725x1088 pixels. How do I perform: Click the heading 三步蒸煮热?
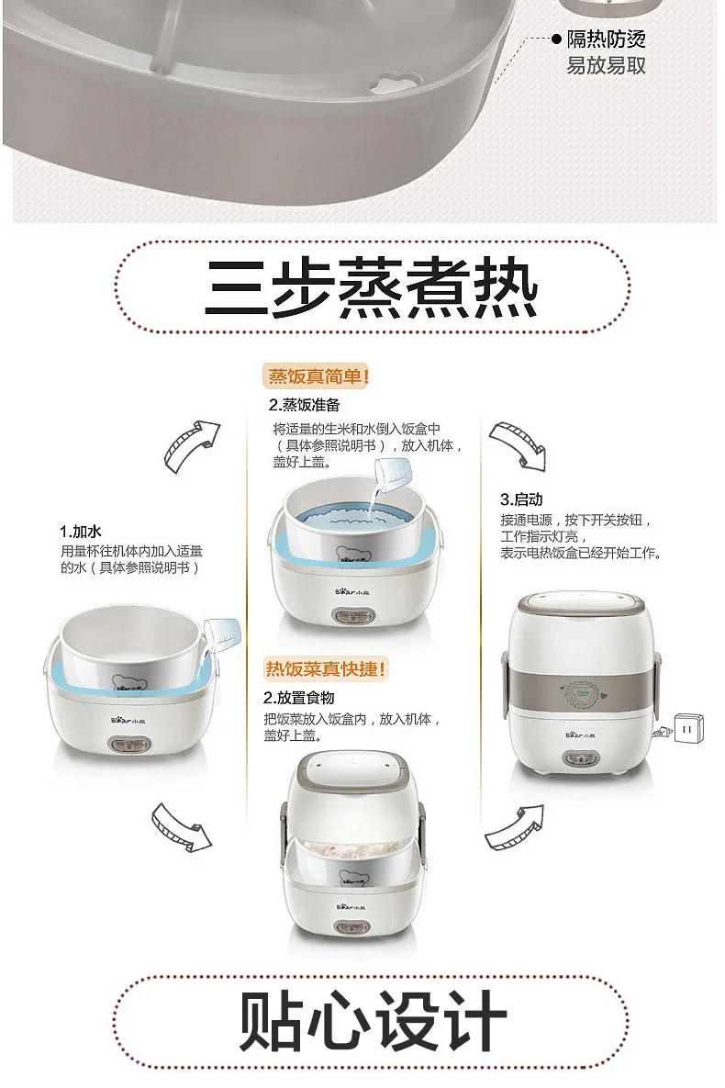(x=371, y=288)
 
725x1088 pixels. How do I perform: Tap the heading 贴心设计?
(x=373, y=1021)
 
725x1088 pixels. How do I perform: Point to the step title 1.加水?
(x=81, y=532)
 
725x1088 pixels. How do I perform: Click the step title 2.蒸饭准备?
(x=304, y=405)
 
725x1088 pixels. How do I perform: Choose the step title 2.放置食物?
(x=298, y=698)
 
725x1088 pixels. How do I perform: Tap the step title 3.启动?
(x=521, y=499)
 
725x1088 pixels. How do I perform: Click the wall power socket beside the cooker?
(x=688, y=729)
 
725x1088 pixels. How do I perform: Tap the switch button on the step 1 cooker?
(x=129, y=746)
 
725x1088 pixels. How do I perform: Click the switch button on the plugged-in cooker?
(x=581, y=759)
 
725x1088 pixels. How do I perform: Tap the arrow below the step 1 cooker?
(x=182, y=826)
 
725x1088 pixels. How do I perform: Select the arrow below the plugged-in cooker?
(x=514, y=827)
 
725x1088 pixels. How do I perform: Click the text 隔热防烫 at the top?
(x=607, y=39)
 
